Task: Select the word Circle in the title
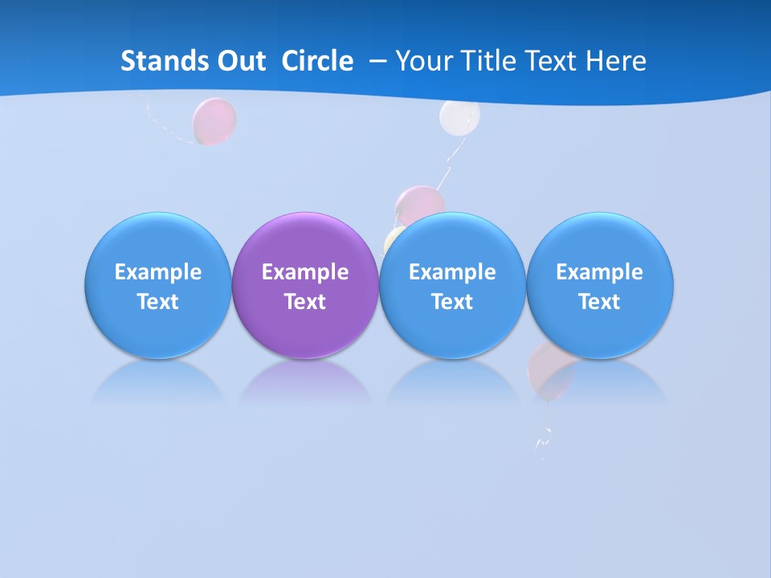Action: pos(317,61)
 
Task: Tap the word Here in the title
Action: pos(615,61)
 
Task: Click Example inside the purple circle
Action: pos(305,272)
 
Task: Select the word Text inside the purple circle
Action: pos(305,302)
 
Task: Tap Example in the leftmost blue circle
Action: pos(158,272)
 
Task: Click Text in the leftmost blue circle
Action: pos(158,302)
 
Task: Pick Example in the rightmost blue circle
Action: pos(600,272)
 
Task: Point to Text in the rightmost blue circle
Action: pos(600,302)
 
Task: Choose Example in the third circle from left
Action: pos(452,272)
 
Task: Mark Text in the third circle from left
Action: pos(452,302)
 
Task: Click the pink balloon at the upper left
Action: pos(214,120)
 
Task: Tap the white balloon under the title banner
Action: pos(459,117)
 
